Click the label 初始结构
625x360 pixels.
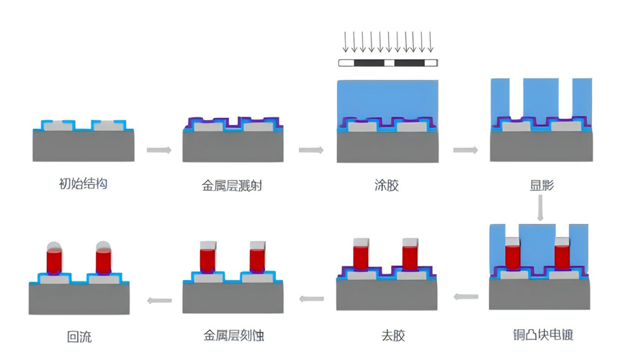point(83,184)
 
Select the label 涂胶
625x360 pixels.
point(386,185)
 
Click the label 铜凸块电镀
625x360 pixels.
point(541,335)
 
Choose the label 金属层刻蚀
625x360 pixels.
point(233,336)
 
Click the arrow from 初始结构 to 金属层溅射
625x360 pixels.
point(158,150)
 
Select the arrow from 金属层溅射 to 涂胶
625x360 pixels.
point(310,150)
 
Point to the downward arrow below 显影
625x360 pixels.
point(541,208)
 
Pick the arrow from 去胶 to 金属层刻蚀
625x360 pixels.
point(311,299)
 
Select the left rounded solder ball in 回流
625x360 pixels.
point(55,246)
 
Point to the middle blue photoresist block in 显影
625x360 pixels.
point(541,97)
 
